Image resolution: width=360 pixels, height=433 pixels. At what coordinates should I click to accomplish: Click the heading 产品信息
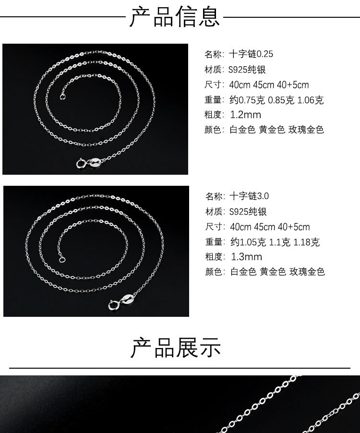(175, 16)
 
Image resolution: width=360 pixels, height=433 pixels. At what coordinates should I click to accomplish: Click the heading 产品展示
(175, 347)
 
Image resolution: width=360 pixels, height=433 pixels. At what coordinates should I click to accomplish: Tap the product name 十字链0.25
(251, 54)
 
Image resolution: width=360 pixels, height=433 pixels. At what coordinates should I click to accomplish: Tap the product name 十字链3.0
(249, 196)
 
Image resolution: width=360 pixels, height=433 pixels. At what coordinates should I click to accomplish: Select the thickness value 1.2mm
(246, 115)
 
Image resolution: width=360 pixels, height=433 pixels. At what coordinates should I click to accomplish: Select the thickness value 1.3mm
(246, 257)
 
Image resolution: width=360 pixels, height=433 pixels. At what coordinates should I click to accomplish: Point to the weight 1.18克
(306, 242)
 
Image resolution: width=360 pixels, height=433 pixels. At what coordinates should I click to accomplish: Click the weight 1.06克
(311, 100)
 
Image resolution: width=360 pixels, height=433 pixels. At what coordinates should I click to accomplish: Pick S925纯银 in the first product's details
(247, 70)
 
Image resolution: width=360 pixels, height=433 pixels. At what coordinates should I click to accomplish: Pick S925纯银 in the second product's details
(248, 212)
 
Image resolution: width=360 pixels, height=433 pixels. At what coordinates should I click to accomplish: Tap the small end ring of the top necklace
(61, 96)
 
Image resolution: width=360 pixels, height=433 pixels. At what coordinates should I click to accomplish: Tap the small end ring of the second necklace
(61, 260)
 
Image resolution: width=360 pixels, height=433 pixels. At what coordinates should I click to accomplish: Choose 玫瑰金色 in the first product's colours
(306, 130)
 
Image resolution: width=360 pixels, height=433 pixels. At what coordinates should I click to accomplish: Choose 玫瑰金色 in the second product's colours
(307, 272)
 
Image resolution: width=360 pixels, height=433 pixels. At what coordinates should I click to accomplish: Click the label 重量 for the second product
(213, 242)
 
